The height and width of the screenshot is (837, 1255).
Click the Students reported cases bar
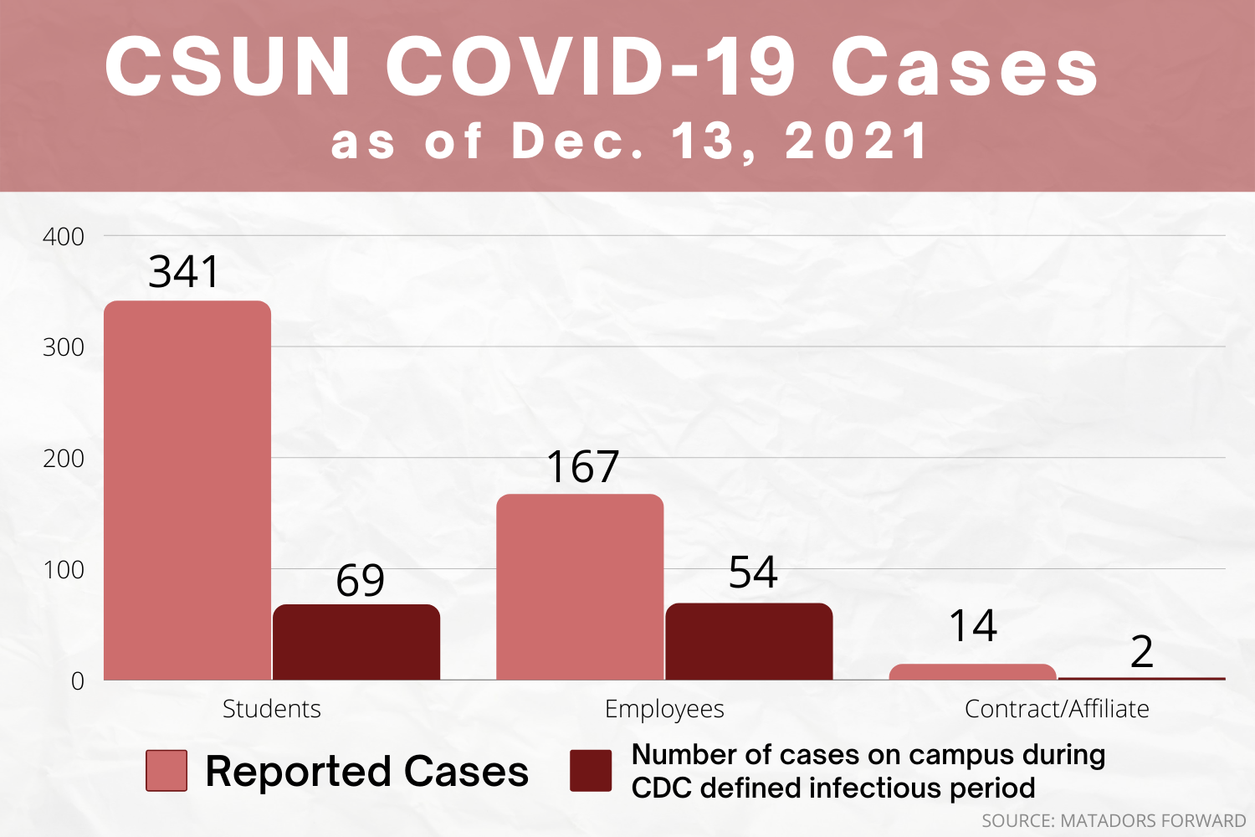pyautogui.click(x=187, y=490)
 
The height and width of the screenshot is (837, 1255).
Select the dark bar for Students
pyautogui.click(x=356, y=642)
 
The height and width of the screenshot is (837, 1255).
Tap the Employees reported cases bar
pyautogui.click(x=580, y=587)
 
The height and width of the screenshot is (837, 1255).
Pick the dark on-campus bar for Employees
pyautogui.click(x=749, y=641)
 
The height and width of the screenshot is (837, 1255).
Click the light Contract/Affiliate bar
pyautogui.click(x=972, y=672)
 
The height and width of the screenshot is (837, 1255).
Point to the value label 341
pyautogui.click(x=183, y=272)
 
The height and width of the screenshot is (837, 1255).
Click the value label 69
pyautogui.click(x=360, y=580)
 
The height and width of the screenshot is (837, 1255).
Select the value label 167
pyautogui.click(x=582, y=467)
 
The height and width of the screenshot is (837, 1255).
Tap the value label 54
pyautogui.click(x=753, y=573)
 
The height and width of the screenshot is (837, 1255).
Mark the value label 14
pyautogui.click(x=972, y=626)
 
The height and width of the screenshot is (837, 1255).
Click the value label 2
pyautogui.click(x=1141, y=652)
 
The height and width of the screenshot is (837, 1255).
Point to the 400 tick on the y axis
pyautogui.click(x=64, y=237)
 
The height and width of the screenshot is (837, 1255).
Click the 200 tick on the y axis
pyautogui.click(x=64, y=459)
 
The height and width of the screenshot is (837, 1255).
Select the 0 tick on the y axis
pyautogui.click(x=77, y=681)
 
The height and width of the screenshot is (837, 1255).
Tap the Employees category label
pyautogui.click(x=664, y=709)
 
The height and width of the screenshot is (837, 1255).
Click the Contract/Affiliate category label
pyautogui.click(x=1057, y=709)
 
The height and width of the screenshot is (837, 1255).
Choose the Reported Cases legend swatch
pyautogui.click(x=166, y=771)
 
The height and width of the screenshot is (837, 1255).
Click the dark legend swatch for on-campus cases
pyautogui.click(x=591, y=771)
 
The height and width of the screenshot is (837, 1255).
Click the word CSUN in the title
pyautogui.click(x=228, y=67)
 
